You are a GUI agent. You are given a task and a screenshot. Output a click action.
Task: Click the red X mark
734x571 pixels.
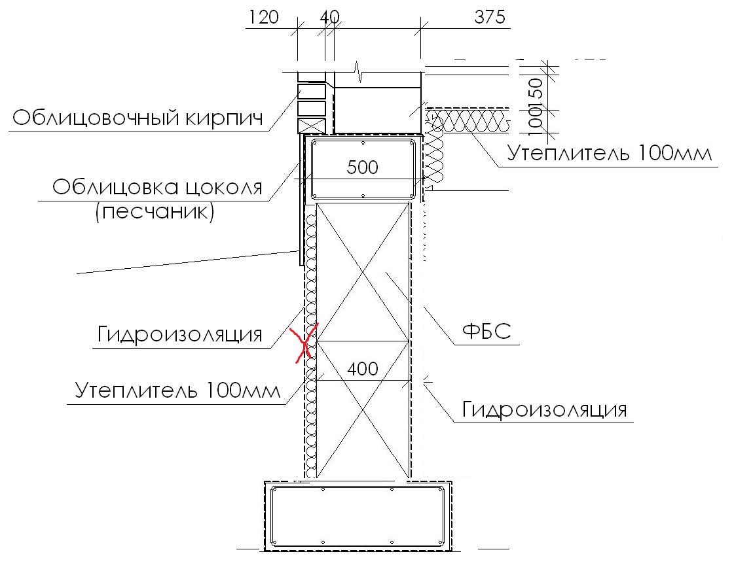[x=304, y=343]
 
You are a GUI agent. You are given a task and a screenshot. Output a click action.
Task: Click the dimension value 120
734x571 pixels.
[x=264, y=17]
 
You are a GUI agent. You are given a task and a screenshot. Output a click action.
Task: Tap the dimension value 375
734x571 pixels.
[x=490, y=17]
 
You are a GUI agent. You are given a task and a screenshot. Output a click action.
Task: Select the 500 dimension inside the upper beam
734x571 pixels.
[x=362, y=167]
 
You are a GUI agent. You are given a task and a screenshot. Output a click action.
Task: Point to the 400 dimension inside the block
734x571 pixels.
[x=363, y=369]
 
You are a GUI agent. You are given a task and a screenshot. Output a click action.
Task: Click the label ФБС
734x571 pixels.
[x=486, y=332]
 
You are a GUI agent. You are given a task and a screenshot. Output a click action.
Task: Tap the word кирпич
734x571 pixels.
[x=224, y=118]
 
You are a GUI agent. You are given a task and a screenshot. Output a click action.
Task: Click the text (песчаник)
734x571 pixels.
[x=155, y=212]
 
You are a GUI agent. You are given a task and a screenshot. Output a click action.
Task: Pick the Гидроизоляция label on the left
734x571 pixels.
[x=180, y=335]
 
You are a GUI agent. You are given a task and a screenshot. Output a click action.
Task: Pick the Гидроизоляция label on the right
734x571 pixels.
[x=544, y=409]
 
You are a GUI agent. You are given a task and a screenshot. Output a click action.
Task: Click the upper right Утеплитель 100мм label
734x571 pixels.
[x=610, y=154]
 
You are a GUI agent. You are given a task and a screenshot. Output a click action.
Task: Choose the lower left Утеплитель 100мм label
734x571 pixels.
[x=177, y=390]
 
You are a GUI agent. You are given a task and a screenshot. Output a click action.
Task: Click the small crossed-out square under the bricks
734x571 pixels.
[x=311, y=126]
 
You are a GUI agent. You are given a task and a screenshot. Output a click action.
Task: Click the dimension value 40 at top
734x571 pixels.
[x=329, y=17]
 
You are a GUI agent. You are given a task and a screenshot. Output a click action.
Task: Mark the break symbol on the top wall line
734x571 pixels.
[x=359, y=72]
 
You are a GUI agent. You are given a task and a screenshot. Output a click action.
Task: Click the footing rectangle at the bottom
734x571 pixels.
[x=358, y=516]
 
